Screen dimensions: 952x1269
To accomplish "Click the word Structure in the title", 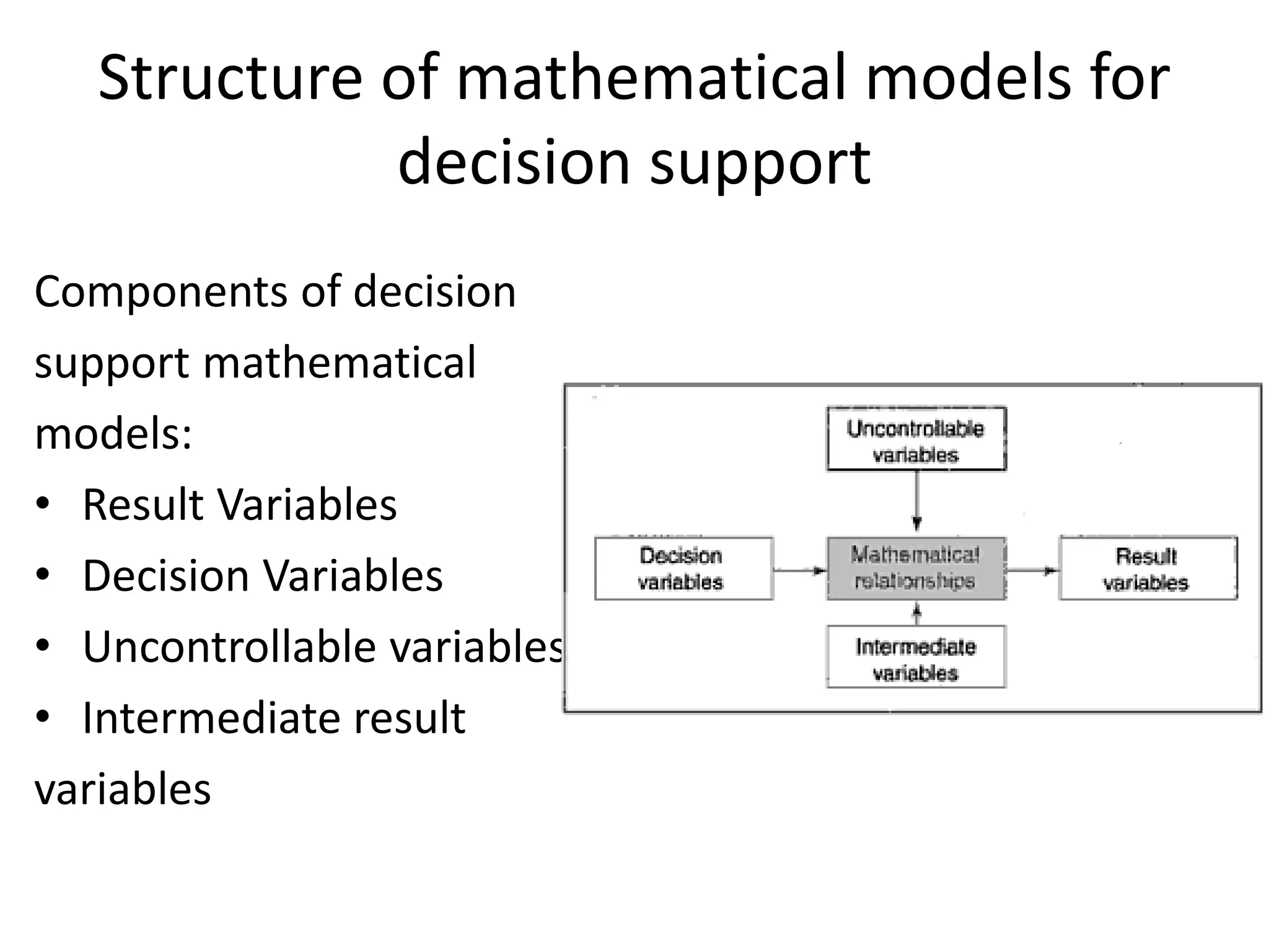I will [x=230, y=79].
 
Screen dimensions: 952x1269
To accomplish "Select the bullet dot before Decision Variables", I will [x=42, y=575].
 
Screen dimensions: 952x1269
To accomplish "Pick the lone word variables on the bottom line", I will [x=123, y=790].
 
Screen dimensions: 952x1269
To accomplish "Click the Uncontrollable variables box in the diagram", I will [x=916, y=439].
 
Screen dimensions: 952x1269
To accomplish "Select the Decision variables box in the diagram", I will [x=683, y=568].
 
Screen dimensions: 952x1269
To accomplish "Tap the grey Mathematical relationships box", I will [x=916, y=568].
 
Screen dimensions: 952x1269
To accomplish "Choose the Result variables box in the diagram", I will [x=1148, y=568].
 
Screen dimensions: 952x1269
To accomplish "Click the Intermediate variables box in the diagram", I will [x=916, y=657].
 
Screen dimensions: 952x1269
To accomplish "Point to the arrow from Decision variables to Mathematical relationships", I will [x=800, y=570].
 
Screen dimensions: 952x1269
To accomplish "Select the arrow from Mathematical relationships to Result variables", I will [x=1032, y=570].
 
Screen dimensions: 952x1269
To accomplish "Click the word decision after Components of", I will [x=434, y=293].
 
